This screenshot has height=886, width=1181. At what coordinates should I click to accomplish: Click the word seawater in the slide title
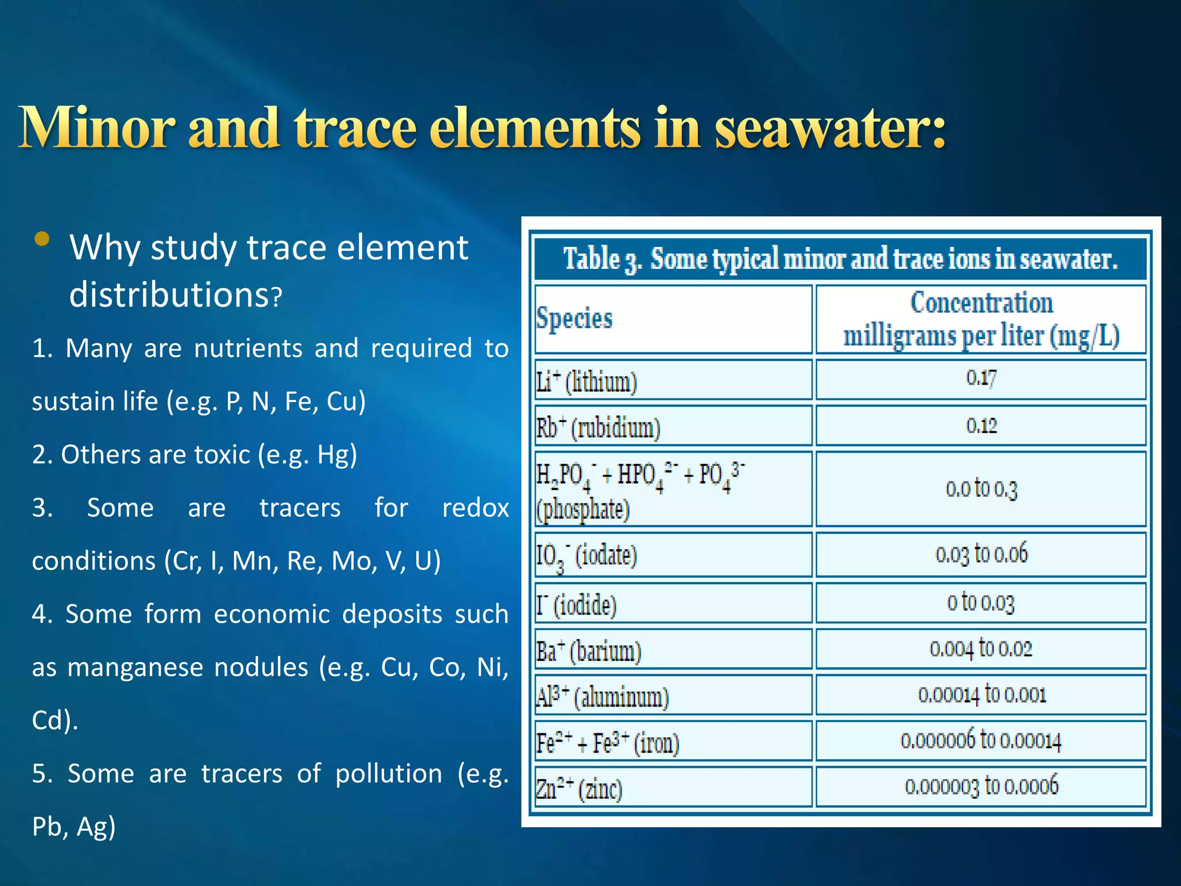[x=830, y=128]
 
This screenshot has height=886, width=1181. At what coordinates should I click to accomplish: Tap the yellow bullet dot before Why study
[x=42, y=239]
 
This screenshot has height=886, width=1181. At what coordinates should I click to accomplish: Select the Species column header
[x=574, y=318]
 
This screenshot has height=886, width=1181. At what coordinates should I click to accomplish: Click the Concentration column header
[x=981, y=319]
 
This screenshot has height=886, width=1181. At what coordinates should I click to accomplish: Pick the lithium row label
[x=586, y=381]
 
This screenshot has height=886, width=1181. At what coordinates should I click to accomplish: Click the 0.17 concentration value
[x=981, y=378]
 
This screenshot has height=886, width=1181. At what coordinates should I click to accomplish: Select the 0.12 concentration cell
[x=981, y=426]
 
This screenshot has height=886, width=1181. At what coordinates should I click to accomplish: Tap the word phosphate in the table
[x=583, y=509]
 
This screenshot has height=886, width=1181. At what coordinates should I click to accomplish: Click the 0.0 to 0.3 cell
[x=981, y=489]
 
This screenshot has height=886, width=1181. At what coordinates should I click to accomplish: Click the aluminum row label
[x=602, y=697]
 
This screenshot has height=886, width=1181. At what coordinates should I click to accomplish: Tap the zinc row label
[x=579, y=789]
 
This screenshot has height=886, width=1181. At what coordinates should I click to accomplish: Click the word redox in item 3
[x=475, y=508]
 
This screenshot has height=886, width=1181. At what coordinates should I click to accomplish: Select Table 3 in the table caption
[x=602, y=259]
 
